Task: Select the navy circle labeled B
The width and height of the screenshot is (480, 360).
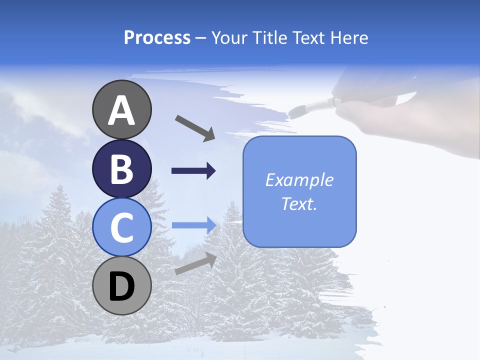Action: pos(122,168)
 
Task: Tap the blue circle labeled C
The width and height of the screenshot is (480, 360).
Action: pos(122,227)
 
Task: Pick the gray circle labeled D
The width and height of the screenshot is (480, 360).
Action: pos(122,286)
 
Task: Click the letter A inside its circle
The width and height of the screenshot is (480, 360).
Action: pos(122,110)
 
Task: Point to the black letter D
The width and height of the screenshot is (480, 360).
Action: pos(122,287)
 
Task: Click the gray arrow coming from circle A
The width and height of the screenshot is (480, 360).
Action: pos(195,128)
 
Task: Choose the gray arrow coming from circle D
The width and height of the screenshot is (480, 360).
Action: pos(195,263)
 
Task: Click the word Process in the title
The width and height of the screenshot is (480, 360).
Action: pos(157,37)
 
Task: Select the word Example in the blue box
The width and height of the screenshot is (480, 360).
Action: pos(299,180)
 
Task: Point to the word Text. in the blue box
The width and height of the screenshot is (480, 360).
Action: pos(299,204)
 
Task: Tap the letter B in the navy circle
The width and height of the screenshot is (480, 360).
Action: pos(122,169)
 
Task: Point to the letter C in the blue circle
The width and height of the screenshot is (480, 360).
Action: pos(122,228)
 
